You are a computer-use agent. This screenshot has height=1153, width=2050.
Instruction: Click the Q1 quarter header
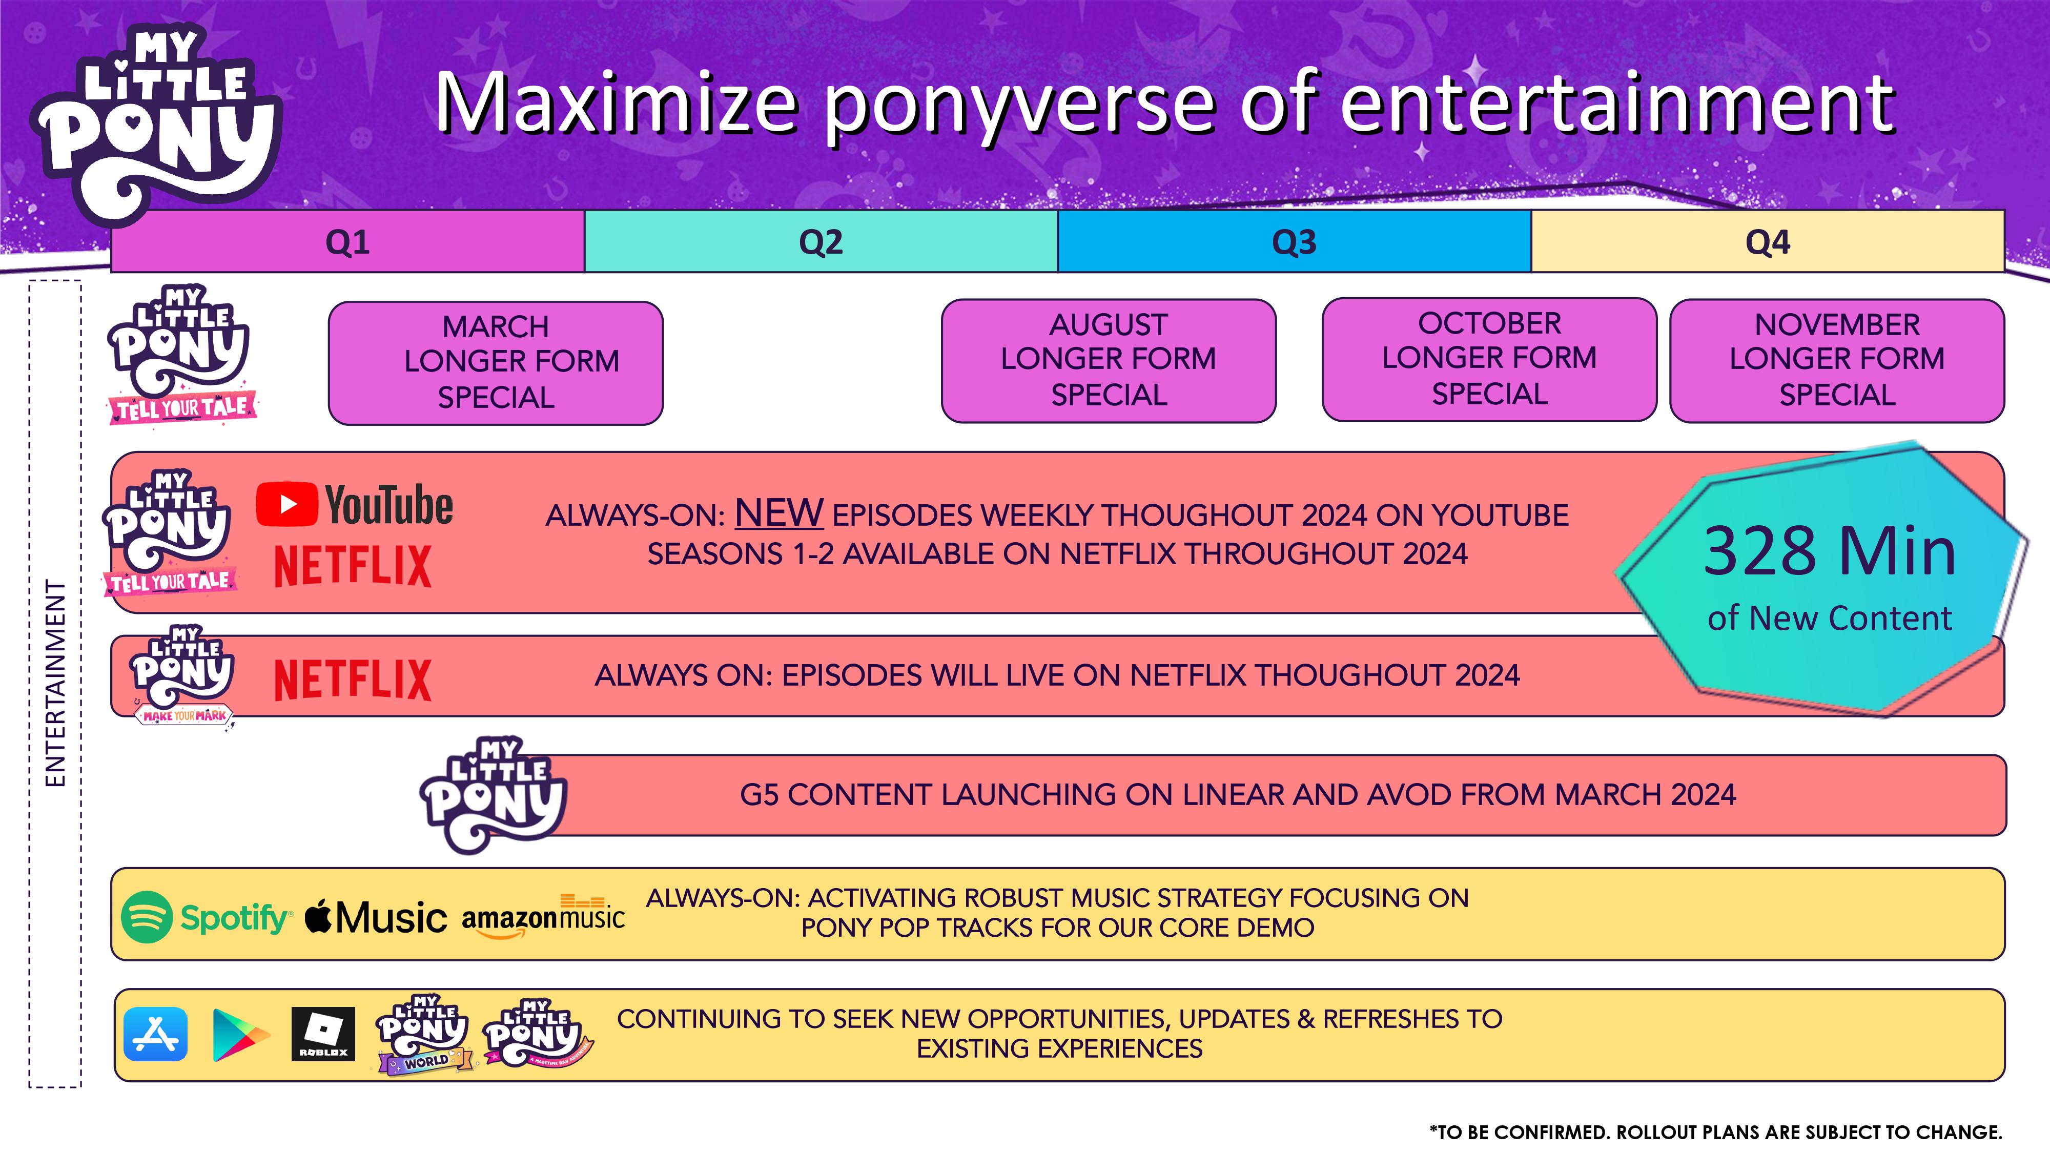(348, 241)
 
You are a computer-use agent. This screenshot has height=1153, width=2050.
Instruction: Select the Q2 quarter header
(821, 241)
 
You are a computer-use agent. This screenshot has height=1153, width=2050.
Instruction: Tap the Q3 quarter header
(1294, 241)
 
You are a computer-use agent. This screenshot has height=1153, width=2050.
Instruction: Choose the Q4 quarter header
(1768, 241)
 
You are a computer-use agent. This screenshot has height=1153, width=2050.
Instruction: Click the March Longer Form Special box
(496, 363)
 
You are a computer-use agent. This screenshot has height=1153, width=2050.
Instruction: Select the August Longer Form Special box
(1109, 360)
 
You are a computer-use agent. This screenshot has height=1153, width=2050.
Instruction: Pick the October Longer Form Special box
(1489, 359)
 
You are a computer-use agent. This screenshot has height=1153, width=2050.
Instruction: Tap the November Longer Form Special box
(1837, 360)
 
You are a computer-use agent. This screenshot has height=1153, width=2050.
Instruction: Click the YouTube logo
(354, 504)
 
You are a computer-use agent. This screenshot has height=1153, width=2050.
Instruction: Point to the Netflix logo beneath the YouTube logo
(353, 566)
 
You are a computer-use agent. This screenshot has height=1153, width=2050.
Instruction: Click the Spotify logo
(206, 917)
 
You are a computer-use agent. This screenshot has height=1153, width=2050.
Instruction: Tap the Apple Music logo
(376, 917)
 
